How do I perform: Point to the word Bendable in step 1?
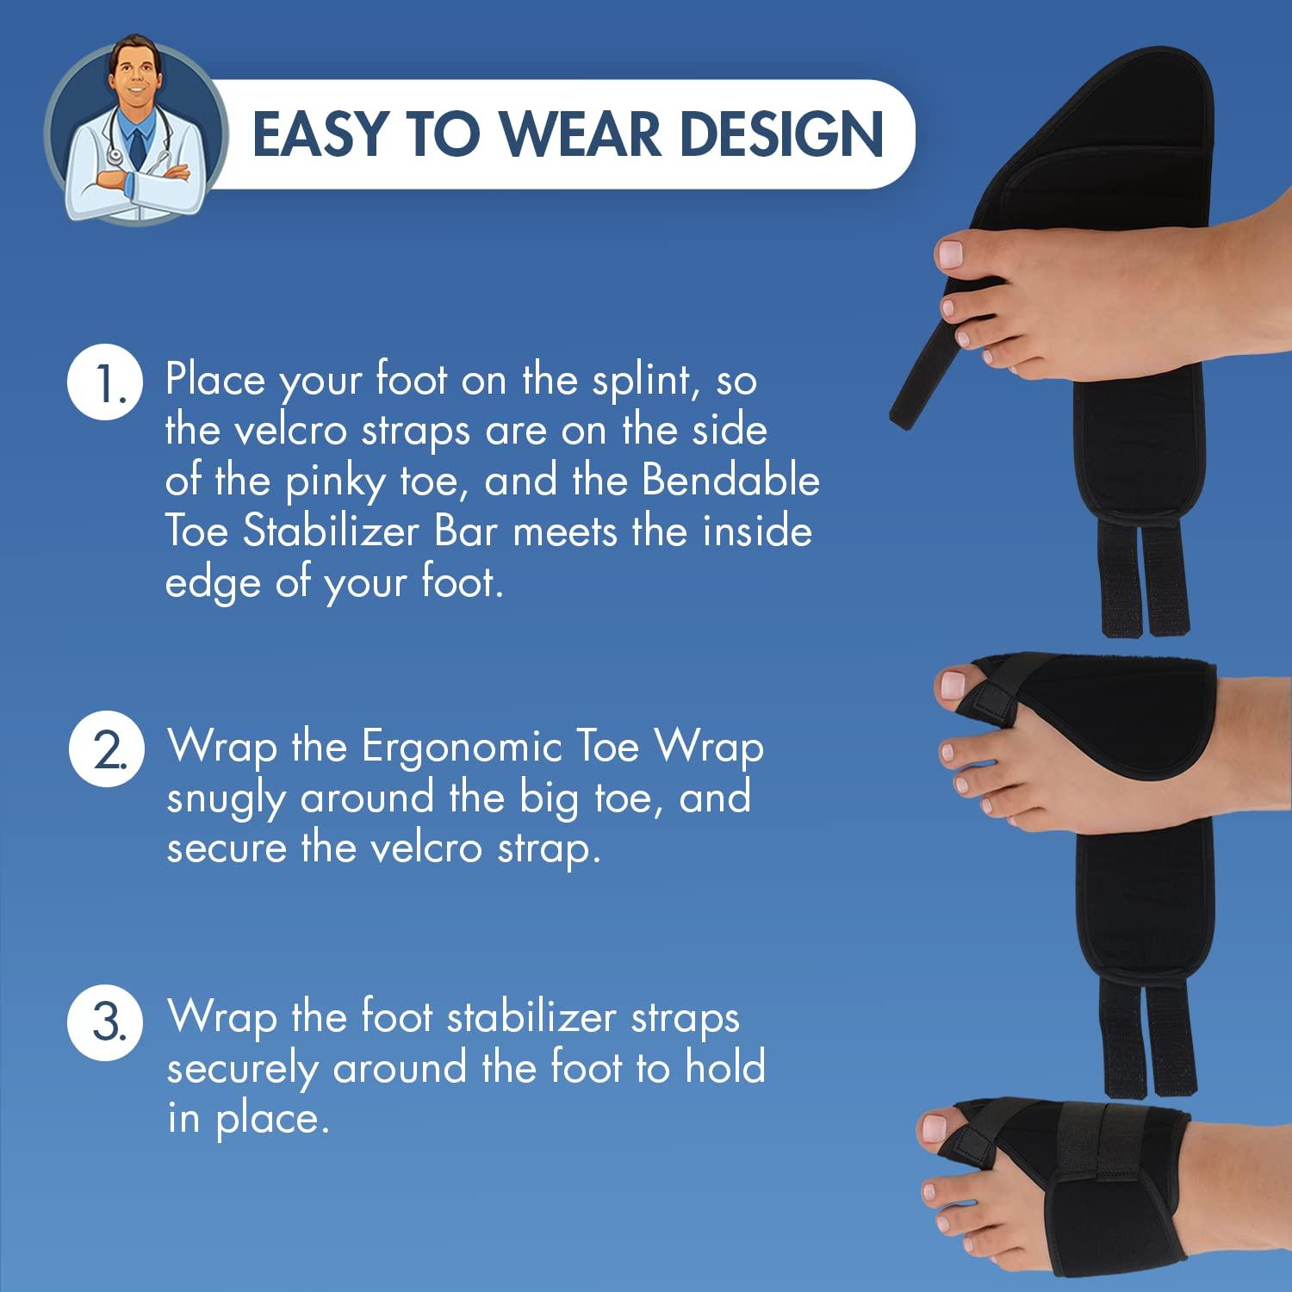coord(730,481)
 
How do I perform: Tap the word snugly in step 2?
coord(226,799)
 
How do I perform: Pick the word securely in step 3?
coord(242,1070)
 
